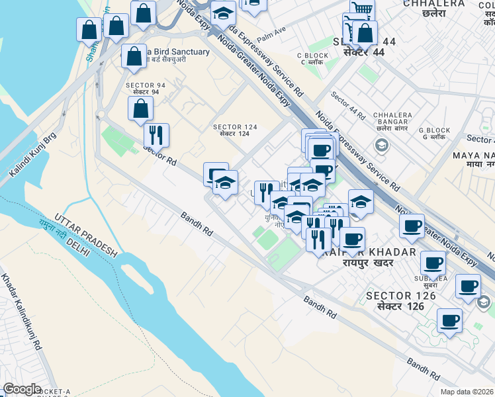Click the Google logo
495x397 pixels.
tap(22, 389)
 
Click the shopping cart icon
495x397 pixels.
tap(361, 9)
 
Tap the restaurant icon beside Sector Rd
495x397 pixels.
tap(156, 135)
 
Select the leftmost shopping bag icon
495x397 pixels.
tap(89, 30)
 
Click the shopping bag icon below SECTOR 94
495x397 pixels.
tap(140, 109)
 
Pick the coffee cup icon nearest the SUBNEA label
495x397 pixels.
tap(433, 263)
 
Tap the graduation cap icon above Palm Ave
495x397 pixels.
tap(223, 14)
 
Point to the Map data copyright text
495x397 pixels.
tap(467, 392)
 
